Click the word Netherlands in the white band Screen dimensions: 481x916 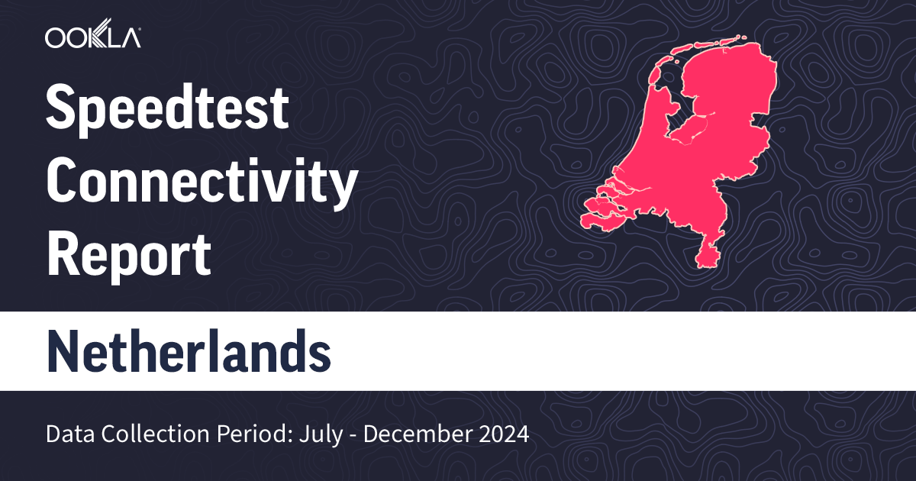[189, 351]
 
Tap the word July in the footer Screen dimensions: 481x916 [295, 434]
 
